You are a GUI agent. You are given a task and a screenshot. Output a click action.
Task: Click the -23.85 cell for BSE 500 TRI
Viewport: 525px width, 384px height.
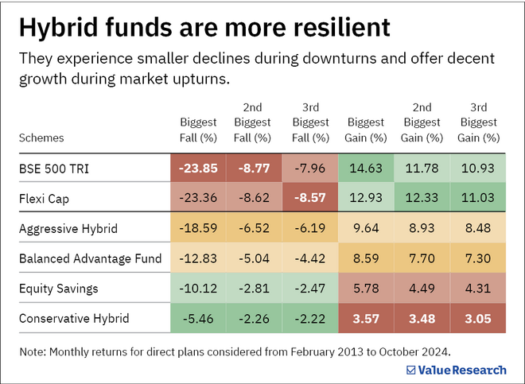198,169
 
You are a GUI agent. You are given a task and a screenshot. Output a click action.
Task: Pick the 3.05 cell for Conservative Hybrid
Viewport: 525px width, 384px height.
479,320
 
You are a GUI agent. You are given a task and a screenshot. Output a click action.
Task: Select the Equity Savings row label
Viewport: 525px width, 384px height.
57,289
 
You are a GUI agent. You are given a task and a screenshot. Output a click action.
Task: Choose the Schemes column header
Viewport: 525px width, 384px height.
41,138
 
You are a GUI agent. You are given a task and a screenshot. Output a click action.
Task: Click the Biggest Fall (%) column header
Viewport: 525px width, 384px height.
198,130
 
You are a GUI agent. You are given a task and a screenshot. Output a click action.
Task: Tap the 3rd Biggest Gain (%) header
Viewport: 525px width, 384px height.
479,122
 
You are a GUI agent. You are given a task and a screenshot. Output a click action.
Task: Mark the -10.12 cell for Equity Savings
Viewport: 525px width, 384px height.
198,289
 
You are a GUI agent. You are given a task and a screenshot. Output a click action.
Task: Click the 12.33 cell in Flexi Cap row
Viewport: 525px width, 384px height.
422,199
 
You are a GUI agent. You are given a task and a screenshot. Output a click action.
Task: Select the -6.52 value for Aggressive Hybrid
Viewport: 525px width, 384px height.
254,229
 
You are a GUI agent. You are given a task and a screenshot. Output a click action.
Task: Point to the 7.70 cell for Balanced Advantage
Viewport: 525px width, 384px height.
422,259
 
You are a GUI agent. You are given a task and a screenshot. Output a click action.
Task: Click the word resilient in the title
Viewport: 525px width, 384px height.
336,28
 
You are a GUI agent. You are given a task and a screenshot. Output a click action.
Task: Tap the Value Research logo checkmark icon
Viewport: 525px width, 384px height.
411,369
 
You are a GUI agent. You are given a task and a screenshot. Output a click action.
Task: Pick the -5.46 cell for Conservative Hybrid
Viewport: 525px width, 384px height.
198,320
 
